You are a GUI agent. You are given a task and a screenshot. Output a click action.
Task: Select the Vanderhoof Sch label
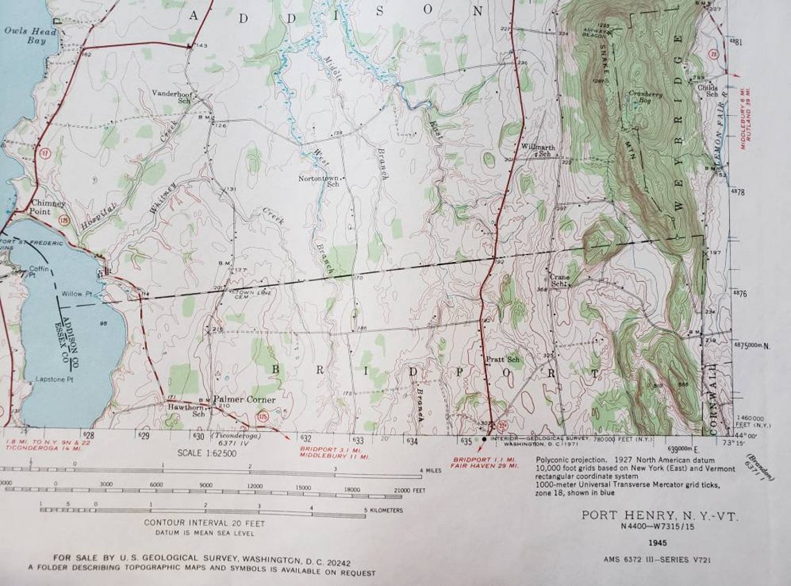(x=173, y=97)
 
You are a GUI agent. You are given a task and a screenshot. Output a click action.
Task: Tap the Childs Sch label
(x=708, y=91)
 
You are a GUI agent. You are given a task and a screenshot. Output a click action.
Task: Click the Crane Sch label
(x=559, y=280)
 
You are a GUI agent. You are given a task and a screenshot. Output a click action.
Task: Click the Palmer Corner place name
(x=244, y=400)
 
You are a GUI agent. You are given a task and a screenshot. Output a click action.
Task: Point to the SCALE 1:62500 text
(x=207, y=453)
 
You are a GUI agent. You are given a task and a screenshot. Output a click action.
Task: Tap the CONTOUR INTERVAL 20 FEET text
(x=195, y=522)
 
